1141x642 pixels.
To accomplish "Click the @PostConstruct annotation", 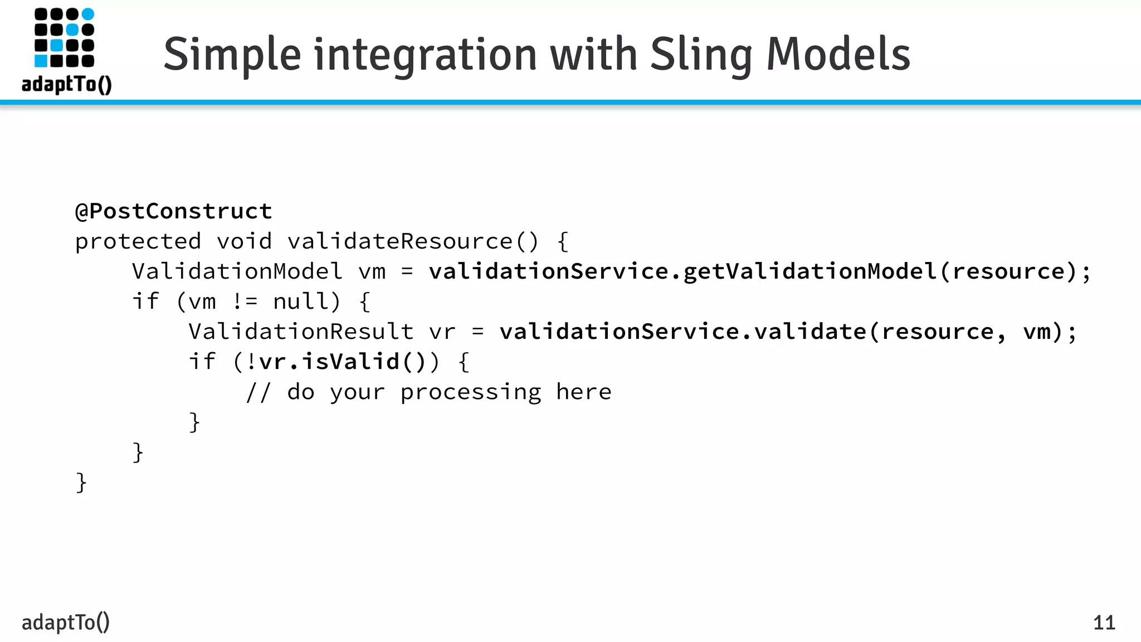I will (x=173, y=211).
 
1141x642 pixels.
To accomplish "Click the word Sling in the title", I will (x=701, y=55).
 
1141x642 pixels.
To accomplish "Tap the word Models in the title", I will (x=838, y=55).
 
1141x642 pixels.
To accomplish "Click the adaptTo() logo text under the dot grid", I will (x=66, y=84).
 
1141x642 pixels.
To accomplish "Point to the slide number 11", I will (x=1104, y=622).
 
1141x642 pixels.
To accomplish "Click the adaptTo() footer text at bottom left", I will (x=65, y=622).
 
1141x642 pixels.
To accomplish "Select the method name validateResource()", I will (x=413, y=241).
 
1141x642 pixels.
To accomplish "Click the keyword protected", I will (x=138, y=241).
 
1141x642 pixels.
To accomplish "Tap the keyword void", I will (x=244, y=241).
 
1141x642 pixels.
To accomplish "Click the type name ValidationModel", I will (x=237, y=271).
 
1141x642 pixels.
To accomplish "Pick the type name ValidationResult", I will (x=301, y=332).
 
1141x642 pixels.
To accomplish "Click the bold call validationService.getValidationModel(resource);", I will (x=759, y=271).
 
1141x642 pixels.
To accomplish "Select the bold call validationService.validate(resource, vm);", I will (x=788, y=332).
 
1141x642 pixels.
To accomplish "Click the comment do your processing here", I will (x=449, y=392).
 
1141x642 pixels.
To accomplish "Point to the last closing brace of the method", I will (x=81, y=482).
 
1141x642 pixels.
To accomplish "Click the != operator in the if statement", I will (x=245, y=301).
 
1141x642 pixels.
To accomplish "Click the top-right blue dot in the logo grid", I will (x=88, y=14).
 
